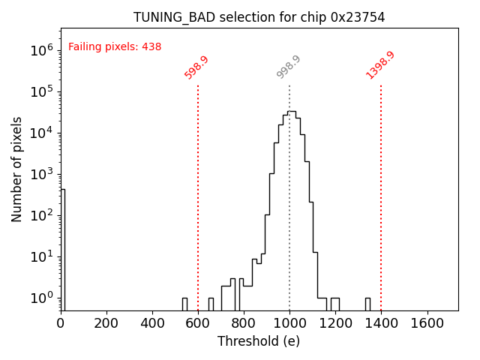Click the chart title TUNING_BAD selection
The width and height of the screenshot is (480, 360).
pos(259,17)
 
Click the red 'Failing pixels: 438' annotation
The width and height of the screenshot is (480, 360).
pos(115,46)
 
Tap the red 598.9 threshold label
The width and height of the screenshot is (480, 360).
pos(196,67)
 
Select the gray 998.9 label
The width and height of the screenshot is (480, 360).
pos(289,67)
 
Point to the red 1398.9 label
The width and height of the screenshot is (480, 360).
pos(380,65)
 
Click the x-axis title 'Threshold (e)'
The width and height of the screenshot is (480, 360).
pos(259,341)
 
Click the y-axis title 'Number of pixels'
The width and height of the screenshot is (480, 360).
pos(17,169)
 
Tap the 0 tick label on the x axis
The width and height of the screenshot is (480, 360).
pos(61,323)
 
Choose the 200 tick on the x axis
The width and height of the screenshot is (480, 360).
pos(106,323)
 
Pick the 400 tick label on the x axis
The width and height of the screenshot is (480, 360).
pos(152,323)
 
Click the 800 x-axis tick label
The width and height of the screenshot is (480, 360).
pos(244,323)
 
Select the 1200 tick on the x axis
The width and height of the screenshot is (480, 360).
pos(335,323)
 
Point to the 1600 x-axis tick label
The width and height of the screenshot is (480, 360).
pos(427,323)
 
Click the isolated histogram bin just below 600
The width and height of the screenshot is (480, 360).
pos(184,304)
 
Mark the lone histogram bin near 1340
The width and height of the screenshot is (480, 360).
pos(367,304)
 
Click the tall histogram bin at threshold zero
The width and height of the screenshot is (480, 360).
pos(63,247)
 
